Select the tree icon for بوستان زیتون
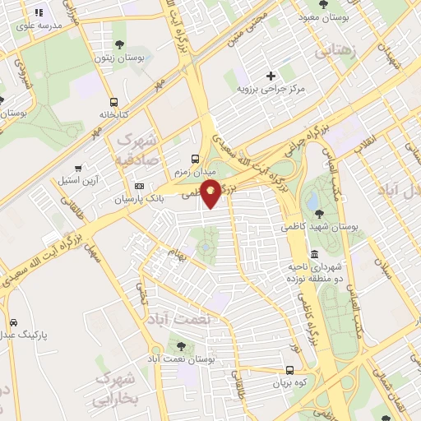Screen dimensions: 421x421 coord(121,45)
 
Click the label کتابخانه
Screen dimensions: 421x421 coord(114,114)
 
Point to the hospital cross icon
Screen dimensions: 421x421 coord(271,76)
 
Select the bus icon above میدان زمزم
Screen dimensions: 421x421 coord(194,159)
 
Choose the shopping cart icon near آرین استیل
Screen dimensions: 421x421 coord(78,169)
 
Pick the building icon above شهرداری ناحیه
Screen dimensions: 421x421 coord(314,255)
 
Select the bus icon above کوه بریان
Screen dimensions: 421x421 coord(289,370)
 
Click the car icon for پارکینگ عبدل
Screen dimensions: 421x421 coord(12,323)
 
